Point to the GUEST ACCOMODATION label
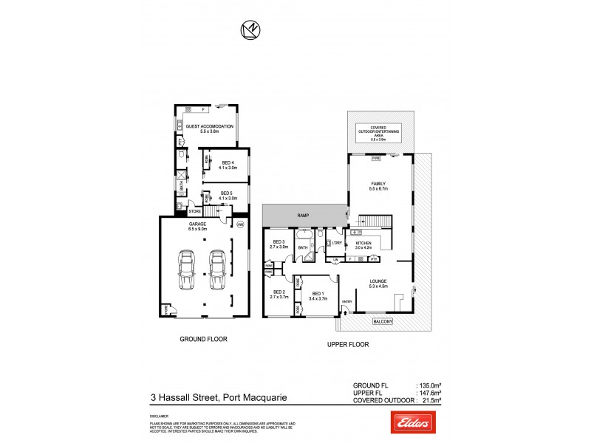209,126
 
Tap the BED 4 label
227,163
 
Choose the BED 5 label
227,193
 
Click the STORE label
194,210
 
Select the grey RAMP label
303,216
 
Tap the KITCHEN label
363,242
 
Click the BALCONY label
383,321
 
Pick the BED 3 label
279,243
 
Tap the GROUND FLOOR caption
203,339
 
